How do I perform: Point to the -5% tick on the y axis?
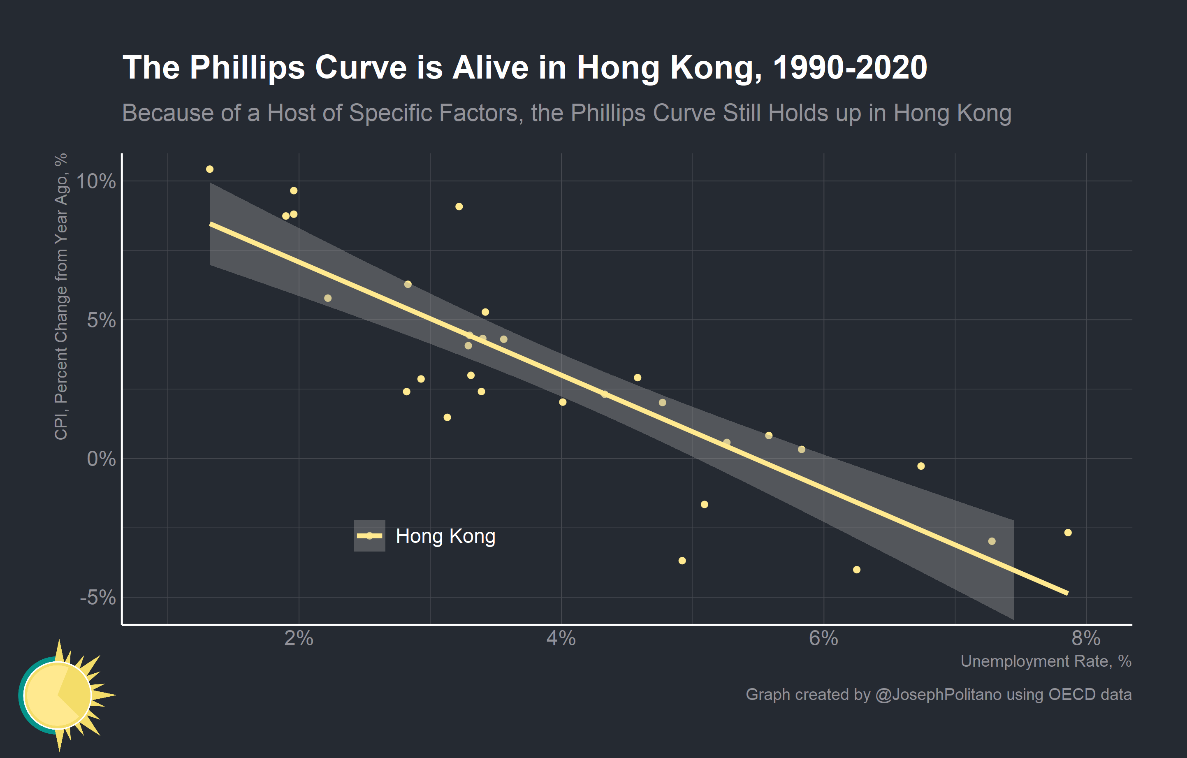(97, 598)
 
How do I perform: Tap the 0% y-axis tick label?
(101, 459)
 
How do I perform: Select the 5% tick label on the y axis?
(101, 320)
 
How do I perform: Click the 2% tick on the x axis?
(299, 639)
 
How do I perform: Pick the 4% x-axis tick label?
(561, 639)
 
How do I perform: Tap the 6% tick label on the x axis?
(823, 639)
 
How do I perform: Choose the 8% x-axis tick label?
(1086, 639)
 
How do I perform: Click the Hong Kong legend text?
(445, 536)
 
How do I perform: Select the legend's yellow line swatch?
(369, 536)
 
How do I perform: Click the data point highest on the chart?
(209, 169)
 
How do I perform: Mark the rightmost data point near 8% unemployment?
(1068, 533)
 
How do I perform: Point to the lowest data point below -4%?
(857, 570)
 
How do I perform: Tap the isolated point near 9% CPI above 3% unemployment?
(459, 206)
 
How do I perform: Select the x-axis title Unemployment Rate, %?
(1046, 661)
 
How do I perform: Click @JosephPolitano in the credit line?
(938, 694)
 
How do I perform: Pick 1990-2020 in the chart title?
(850, 67)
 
